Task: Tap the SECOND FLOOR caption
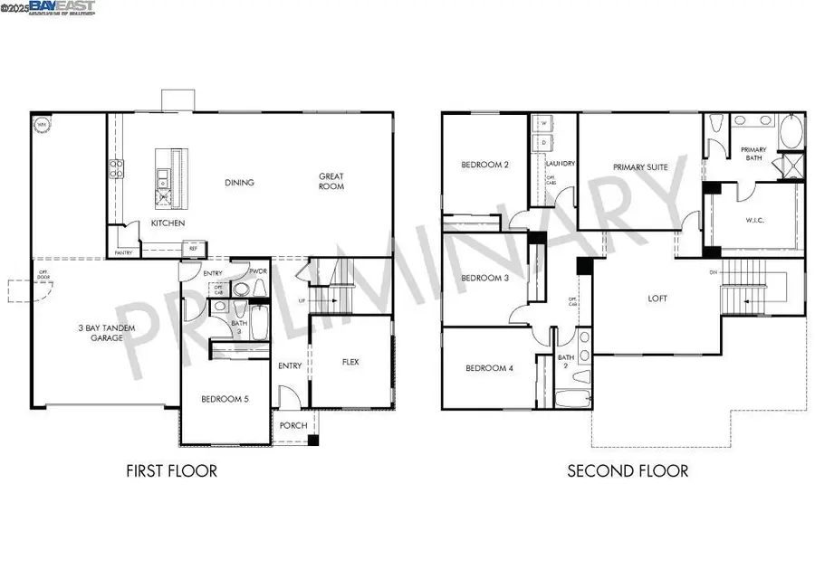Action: [628, 470]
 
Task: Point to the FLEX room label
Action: [350, 362]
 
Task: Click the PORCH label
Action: [292, 426]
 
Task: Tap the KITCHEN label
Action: [168, 223]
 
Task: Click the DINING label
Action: [240, 183]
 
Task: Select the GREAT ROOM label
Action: [331, 181]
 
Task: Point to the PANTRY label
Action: [123, 253]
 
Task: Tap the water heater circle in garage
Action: [42, 125]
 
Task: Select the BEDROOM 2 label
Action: [484, 165]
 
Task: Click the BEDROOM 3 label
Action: [484, 278]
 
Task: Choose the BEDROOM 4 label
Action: [488, 368]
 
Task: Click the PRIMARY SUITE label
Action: [639, 167]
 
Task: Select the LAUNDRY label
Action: [562, 164]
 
